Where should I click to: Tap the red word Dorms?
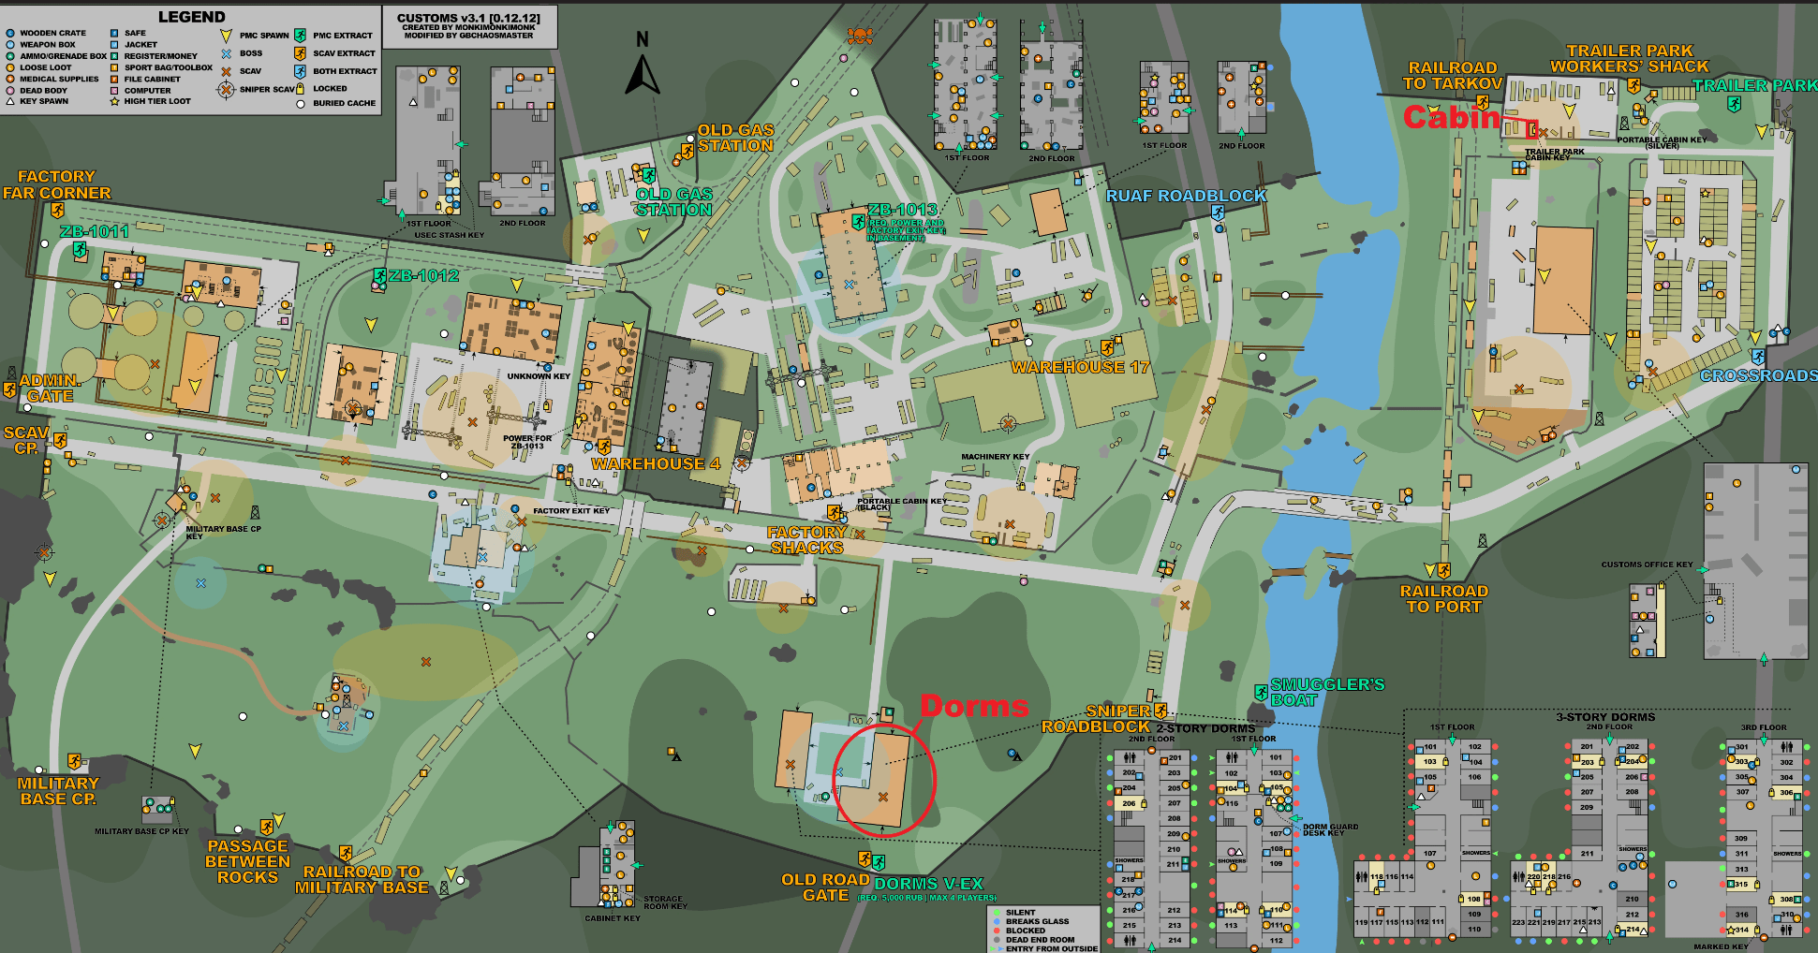pyautogui.click(x=974, y=706)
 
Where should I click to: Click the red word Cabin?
pyautogui.click(x=1452, y=118)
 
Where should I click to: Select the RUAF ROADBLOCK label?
pyautogui.click(x=1186, y=196)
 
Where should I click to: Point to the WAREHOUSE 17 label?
pyautogui.click(x=1079, y=367)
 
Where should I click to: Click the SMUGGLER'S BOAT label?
pyautogui.click(x=1326, y=692)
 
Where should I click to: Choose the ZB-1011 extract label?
pyautogui.click(x=94, y=231)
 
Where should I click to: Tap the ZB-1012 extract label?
pyautogui.click(x=423, y=275)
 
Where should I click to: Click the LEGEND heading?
pyautogui.click(x=191, y=17)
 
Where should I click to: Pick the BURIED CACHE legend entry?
pyautogui.click(x=344, y=103)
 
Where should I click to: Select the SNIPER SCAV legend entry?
pyautogui.click(x=266, y=90)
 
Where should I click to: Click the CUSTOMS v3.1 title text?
pyautogui.click(x=468, y=18)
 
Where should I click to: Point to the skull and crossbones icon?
pyautogui.click(x=859, y=37)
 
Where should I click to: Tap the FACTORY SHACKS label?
pyautogui.click(x=806, y=540)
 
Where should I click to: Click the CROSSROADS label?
pyautogui.click(x=1758, y=375)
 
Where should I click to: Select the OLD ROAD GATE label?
pyautogui.click(x=825, y=887)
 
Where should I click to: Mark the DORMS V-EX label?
pyautogui.click(x=928, y=884)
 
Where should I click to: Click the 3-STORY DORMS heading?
pyautogui.click(x=1605, y=717)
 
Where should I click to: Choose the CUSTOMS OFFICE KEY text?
pyautogui.click(x=1647, y=564)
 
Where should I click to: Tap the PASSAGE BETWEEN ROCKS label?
pyautogui.click(x=247, y=861)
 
